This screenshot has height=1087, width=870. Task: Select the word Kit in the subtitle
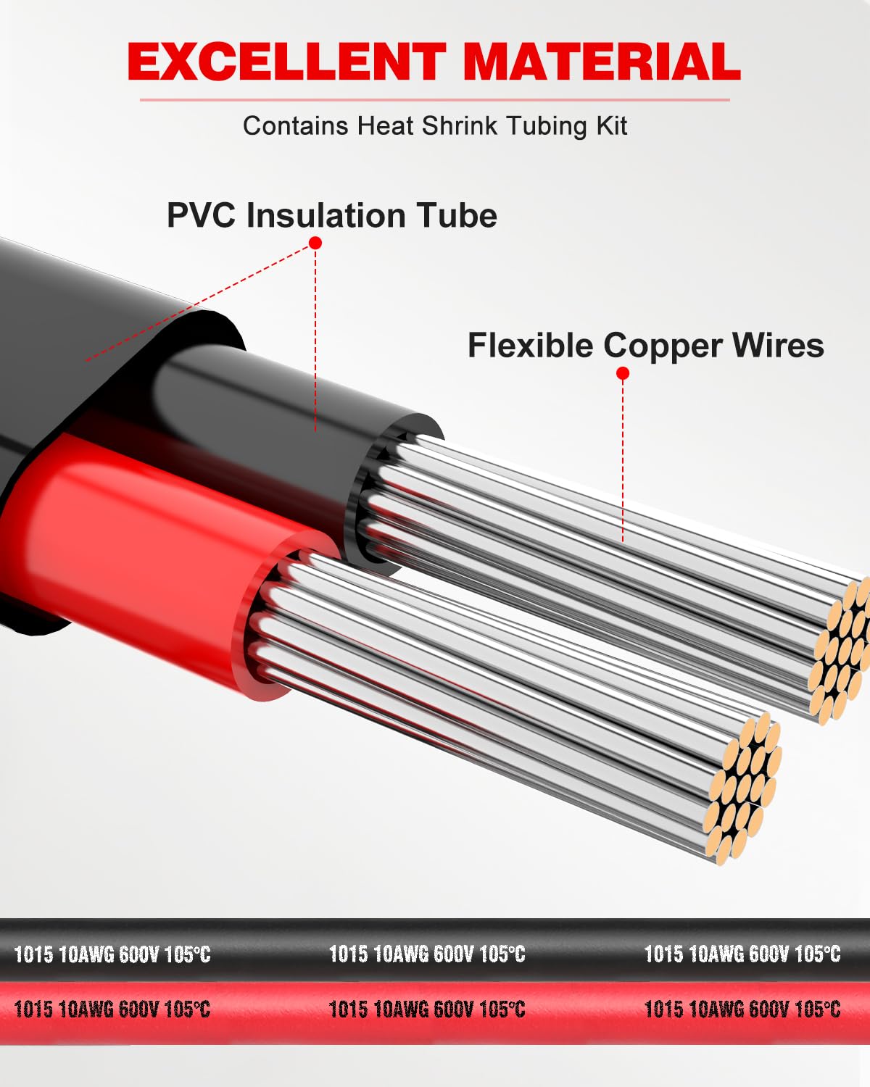[x=611, y=126]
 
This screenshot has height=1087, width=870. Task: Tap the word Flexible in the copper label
[x=530, y=346]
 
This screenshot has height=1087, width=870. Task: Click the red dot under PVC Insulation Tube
[x=315, y=243]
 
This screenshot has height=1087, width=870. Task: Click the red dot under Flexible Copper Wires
[x=623, y=373]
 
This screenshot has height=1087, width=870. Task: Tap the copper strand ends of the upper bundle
[x=841, y=649]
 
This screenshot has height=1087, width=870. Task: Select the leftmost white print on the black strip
[x=112, y=954]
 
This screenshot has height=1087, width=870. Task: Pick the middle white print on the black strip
[x=427, y=954]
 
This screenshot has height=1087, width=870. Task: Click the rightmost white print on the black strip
[x=742, y=954]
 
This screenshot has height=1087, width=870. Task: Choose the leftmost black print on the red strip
[x=112, y=1009]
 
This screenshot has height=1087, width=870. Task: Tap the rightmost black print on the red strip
[x=742, y=1009]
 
